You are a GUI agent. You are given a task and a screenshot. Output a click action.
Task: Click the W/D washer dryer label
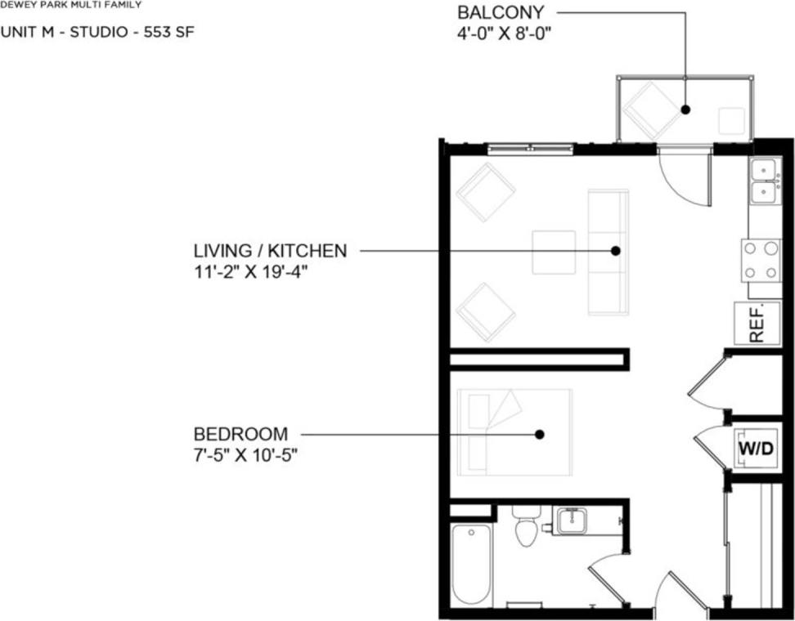tap(756, 449)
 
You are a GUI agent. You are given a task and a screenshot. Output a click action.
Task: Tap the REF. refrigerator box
tap(755, 323)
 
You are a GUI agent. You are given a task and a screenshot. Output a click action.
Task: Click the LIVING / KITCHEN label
tap(270, 251)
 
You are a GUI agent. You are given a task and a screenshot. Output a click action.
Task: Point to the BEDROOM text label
tap(240, 434)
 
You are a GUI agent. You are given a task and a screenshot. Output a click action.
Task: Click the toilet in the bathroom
tap(526, 529)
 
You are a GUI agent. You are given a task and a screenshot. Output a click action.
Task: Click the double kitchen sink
tap(764, 181)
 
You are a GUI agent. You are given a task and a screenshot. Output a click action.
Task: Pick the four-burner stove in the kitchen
tap(761, 261)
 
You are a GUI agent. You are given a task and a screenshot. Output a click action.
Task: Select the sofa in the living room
tap(608, 252)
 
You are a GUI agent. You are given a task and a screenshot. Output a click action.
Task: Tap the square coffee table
tap(553, 252)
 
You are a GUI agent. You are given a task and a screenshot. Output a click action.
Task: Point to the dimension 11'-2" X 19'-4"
tap(250, 270)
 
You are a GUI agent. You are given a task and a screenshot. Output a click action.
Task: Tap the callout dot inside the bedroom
tap(539, 435)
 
